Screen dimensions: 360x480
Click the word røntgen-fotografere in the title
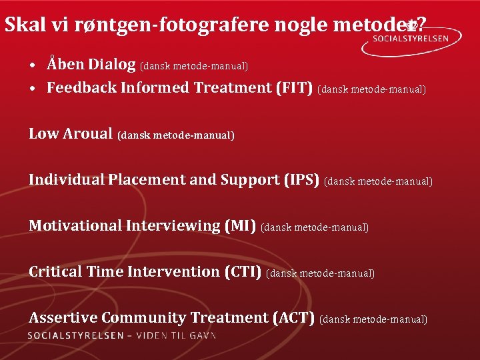[160, 25]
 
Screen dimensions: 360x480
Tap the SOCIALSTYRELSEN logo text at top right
[419, 39]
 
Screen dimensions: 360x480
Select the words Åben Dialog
[91, 65]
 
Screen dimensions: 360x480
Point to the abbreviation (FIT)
[294, 88]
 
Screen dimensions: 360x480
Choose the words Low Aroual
[71, 134]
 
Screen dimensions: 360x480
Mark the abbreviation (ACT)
[294, 318]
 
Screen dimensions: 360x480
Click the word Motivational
[75, 226]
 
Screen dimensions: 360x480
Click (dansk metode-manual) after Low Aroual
[176, 135]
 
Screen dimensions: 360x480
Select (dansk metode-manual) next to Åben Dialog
[194, 66]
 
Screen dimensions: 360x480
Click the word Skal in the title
[22, 25]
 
